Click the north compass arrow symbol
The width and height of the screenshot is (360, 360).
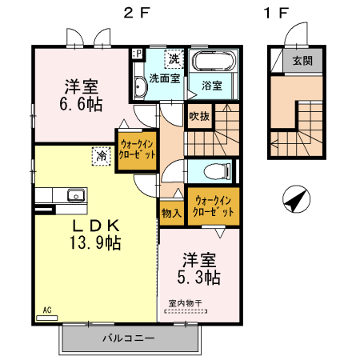click(294, 199)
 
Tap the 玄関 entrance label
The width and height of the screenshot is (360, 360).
click(302, 61)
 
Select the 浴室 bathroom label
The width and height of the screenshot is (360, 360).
click(212, 85)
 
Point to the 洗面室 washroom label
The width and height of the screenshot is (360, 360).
click(163, 78)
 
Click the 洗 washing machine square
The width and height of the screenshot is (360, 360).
click(174, 58)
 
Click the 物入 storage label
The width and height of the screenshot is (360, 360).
click(171, 213)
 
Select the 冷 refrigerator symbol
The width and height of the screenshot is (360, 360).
click(102, 154)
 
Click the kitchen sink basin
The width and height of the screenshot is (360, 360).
click(76, 194)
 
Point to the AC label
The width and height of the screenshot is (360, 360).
click(47, 309)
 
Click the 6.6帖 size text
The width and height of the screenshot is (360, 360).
click(82, 104)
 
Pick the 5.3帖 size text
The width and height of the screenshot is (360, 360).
click(199, 278)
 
